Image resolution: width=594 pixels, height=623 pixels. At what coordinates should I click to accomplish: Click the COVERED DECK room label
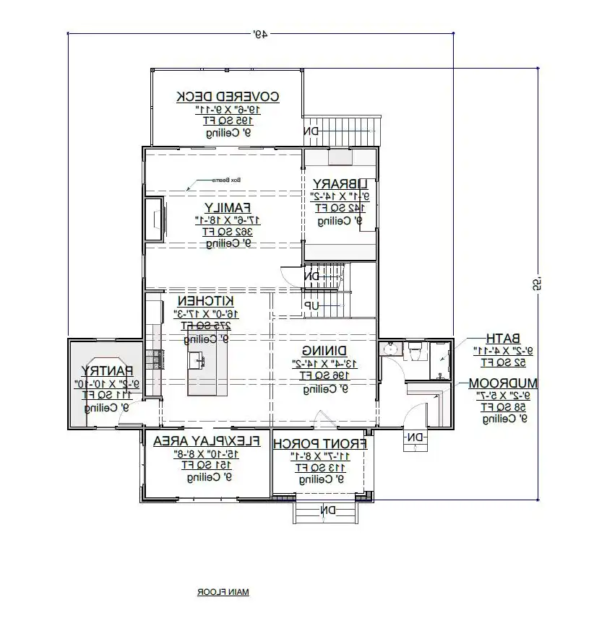pos(228,96)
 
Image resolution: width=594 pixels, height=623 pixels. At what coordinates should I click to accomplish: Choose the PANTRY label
pos(105,370)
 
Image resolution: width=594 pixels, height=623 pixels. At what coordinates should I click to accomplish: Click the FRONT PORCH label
pos(322,443)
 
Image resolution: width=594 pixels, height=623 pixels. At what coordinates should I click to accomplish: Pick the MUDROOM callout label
pos(502,383)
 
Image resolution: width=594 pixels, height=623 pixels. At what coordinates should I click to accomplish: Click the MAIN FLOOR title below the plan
pos(223,592)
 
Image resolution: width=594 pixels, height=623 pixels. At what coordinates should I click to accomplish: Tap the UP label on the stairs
pos(311,306)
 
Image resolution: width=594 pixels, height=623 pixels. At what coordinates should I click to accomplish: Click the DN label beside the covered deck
pos(311,131)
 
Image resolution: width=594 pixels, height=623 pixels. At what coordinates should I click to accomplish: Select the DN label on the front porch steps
pos(327,510)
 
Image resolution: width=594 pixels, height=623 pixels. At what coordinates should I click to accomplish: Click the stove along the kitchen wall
pos(153,357)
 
